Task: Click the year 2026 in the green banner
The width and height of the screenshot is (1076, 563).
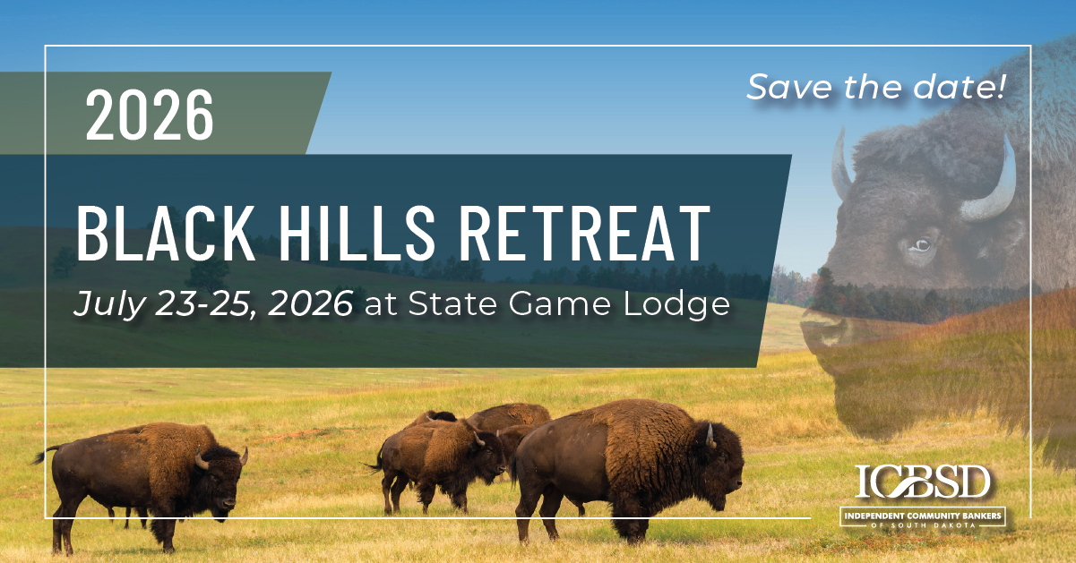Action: (150, 115)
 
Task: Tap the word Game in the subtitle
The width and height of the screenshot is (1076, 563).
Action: (559, 303)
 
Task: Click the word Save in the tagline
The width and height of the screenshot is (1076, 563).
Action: (789, 87)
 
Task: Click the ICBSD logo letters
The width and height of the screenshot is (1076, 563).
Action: (922, 482)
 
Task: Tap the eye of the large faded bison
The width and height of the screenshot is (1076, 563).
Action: (921, 245)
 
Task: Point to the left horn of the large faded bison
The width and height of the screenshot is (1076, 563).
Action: (841, 165)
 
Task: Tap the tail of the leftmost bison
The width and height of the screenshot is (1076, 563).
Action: (44, 455)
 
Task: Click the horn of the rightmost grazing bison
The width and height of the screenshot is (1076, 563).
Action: (710, 435)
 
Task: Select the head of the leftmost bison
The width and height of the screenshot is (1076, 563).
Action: (220, 481)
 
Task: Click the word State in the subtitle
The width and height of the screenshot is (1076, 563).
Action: (452, 303)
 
